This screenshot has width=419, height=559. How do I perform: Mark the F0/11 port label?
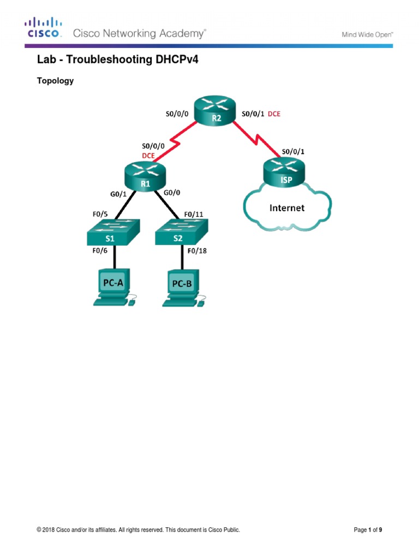pyautogui.click(x=196, y=214)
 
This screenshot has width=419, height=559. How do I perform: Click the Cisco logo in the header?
pyautogui.click(x=43, y=28)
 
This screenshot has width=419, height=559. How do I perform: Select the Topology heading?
pyautogui.click(x=55, y=81)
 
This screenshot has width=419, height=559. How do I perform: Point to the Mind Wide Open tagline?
pyautogui.click(x=367, y=34)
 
